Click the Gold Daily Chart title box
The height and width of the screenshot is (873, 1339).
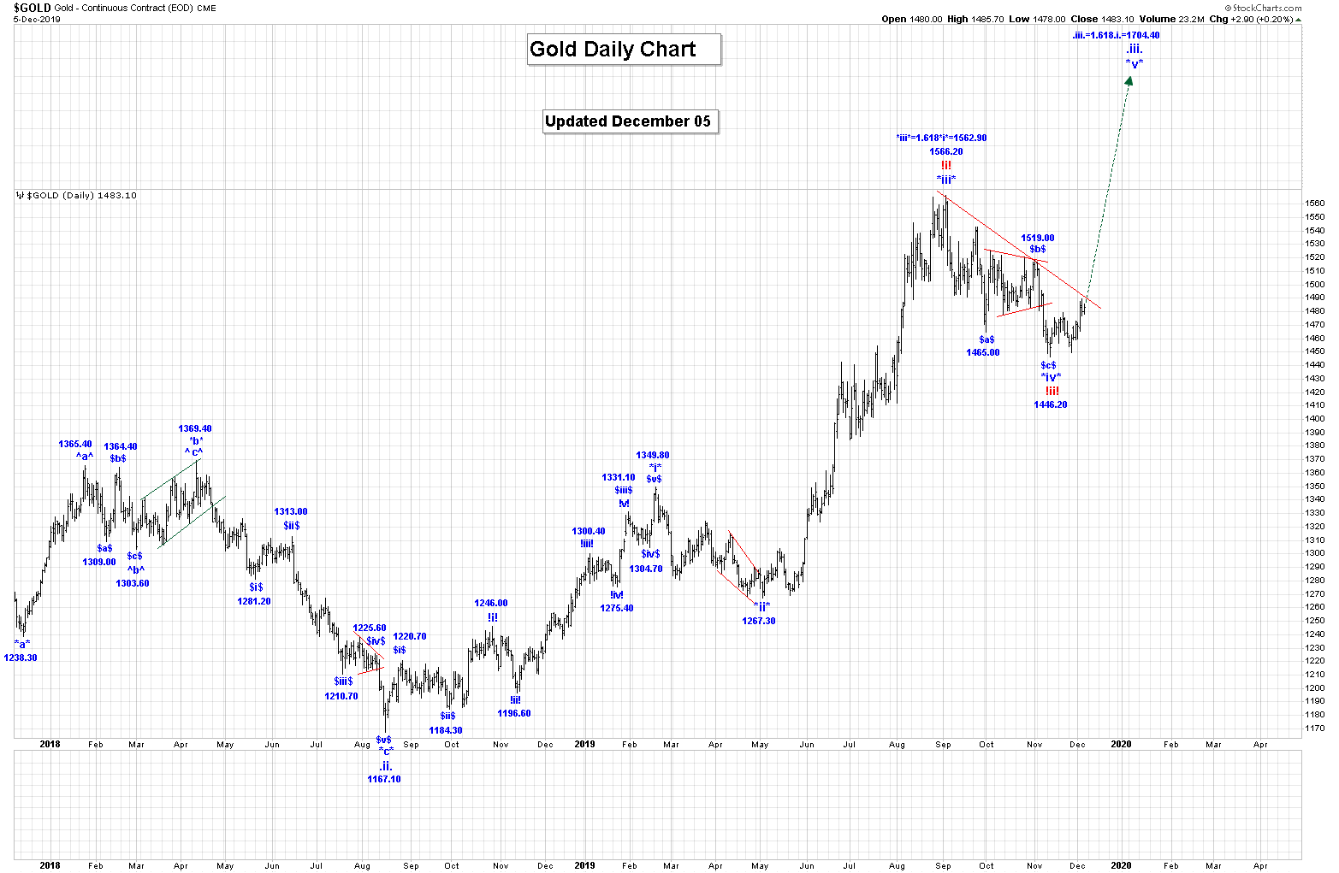tap(624, 50)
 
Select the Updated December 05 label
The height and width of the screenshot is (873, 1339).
tap(628, 121)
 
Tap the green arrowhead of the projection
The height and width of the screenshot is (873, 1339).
tap(1129, 81)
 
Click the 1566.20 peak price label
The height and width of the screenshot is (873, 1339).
tap(946, 151)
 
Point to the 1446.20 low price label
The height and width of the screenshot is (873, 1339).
tap(1050, 404)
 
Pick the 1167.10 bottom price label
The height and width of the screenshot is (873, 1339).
tap(383, 779)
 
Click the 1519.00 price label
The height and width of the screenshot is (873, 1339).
tap(1037, 238)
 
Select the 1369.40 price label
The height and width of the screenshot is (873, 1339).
tap(195, 428)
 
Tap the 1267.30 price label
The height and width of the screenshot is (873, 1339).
tap(759, 621)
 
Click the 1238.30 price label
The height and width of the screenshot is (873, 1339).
tap(21, 658)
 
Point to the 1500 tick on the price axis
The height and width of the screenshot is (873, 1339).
tap(1314, 284)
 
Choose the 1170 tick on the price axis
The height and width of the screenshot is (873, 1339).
tap(1314, 728)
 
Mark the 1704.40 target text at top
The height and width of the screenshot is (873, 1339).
tap(1116, 35)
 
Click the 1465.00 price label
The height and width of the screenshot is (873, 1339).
tap(983, 352)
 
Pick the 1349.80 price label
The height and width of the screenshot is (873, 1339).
tap(652, 455)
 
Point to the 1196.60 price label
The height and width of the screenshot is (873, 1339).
tap(514, 713)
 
